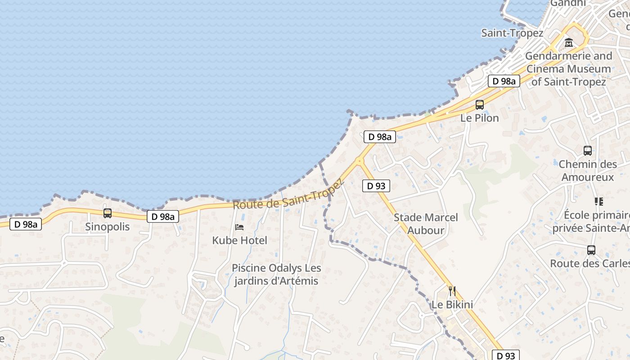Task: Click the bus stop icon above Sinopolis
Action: coord(107,213)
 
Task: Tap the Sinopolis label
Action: coord(107,226)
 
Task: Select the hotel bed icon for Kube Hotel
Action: coord(239,227)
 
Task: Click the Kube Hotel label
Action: coord(239,240)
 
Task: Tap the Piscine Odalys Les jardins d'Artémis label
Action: coord(276,274)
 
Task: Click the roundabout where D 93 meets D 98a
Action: coord(359,161)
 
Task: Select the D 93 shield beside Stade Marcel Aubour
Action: coord(376,185)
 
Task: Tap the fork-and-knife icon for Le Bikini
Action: coord(452,291)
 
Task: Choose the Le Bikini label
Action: coord(452,305)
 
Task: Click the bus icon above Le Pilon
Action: coord(480,105)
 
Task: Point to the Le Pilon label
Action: coord(480,118)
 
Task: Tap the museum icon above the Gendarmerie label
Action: coord(569,43)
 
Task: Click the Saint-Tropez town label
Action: coord(512,33)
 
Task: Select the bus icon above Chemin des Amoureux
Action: coord(587,151)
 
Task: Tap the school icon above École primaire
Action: coord(598,201)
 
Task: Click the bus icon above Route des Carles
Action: coord(591,250)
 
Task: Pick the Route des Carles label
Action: coord(589,263)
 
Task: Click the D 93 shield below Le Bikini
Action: coord(506,355)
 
